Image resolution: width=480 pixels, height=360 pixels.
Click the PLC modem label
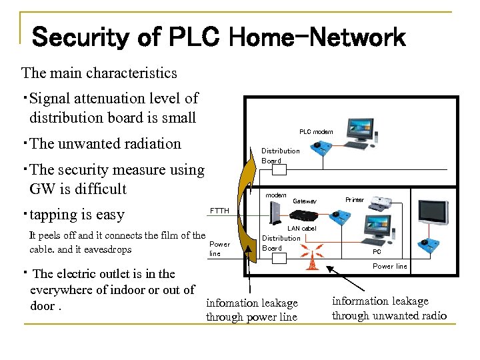pyautogui.click(x=315, y=132)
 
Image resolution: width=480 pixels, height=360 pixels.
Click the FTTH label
pyautogui.click(x=219, y=211)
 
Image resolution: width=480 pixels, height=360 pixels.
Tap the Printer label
pyautogui.click(x=355, y=200)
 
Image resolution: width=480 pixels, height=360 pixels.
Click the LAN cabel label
pyautogui.click(x=301, y=228)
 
